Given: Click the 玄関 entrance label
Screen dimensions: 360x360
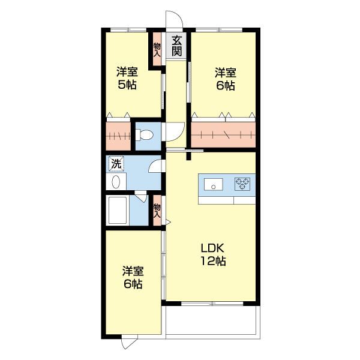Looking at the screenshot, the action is pyautogui.click(x=176, y=46).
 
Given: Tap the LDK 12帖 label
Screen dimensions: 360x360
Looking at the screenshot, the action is pyautogui.click(x=213, y=254).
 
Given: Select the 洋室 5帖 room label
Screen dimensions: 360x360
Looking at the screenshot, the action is pyautogui.click(x=127, y=78).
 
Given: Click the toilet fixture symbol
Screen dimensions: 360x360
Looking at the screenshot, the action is pyautogui.click(x=144, y=135).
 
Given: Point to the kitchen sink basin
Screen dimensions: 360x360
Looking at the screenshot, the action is pyautogui.click(x=213, y=184).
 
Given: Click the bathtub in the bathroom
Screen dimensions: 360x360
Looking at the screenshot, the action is pyautogui.click(x=118, y=210).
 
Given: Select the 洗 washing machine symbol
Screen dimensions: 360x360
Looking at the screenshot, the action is pyautogui.click(x=116, y=164).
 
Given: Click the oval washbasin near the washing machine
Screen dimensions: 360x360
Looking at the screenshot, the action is pyautogui.click(x=116, y=182).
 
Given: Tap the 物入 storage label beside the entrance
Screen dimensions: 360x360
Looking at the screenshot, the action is pyautogui.click(x=157, y=50).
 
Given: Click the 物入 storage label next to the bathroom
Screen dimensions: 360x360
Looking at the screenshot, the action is pyautogui.click(x=157, y=211).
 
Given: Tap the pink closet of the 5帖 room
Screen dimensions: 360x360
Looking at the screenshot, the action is pyautogui.click(x=118, y=136).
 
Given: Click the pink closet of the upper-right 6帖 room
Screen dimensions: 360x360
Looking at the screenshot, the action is pyautogui.click(x=223, y=134).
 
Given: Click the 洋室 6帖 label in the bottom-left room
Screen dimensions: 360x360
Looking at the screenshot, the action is pyautogui.click(x=133, y=277).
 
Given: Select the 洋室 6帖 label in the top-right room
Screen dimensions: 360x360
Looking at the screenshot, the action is pyautogui.click(x=226, y=79).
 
